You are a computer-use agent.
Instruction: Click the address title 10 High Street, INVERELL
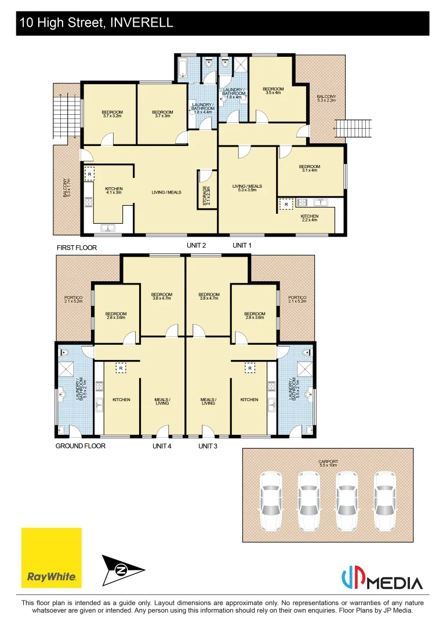[96, 23]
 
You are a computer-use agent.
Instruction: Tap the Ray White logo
[52, 557]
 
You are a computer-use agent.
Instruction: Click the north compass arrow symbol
[124, 570]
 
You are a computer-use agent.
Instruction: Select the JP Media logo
[382, 578]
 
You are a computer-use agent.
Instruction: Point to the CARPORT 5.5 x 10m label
[328, 464]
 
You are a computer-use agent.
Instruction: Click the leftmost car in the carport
[271, 501]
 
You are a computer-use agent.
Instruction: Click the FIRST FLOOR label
[77, 248]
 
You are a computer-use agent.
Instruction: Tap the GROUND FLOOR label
[81, 446]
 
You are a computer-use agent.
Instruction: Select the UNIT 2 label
[197, 245]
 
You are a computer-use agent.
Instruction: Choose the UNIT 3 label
[208, 446]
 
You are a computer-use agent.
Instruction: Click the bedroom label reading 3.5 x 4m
[273, 90]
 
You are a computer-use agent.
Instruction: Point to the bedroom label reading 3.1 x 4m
[310, 168]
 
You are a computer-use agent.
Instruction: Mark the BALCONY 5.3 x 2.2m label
[326, 99]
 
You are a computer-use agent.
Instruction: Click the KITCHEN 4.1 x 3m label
[114, 191]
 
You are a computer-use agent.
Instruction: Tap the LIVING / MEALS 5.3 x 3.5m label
[247, 188]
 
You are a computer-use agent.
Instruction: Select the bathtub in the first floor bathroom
[183, 69]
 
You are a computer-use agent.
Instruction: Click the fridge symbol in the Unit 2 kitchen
[90, 174]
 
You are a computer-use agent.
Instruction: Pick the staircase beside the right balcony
[353, 127]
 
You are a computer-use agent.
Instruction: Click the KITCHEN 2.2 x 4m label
[309, 217]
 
